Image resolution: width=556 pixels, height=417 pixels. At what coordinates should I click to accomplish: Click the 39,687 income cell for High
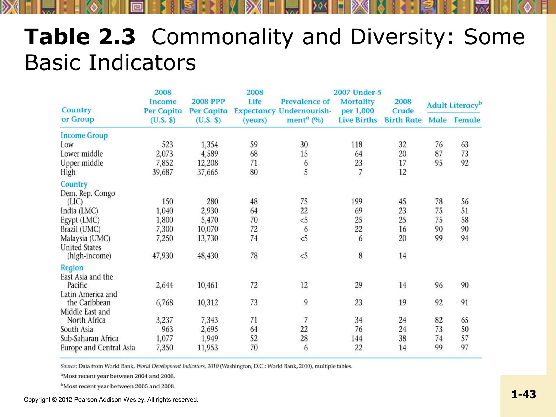pos(162,172)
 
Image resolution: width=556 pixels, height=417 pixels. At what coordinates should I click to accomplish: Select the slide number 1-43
pos(523,394)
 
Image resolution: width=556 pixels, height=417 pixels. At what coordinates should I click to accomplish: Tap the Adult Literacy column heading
pos(454,105)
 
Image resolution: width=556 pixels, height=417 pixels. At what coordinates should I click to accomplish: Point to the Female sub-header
pos(467,120)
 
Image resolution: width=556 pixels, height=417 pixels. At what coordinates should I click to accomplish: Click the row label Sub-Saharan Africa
pos(89,339)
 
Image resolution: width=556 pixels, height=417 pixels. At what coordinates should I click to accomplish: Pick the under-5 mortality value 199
pos(356,201)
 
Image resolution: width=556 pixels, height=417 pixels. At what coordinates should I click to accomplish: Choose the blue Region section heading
pos(72,268)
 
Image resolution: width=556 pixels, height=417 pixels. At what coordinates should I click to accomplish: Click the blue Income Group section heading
pos(84,135)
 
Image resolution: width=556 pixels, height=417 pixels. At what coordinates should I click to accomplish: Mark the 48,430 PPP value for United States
pos(207,256)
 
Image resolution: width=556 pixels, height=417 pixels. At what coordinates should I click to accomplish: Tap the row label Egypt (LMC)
pos(80,220)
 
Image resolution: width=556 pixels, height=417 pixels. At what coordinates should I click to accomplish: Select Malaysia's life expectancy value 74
pos(254,238)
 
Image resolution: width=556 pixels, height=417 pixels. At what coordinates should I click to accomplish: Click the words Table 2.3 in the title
pos(80,37)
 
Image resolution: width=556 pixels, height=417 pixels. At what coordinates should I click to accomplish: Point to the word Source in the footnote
pos(68,366)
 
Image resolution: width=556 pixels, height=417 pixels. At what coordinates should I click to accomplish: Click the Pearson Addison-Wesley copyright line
pos(111,400)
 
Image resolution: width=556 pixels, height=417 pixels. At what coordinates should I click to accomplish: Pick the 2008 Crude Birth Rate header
pos(403,111)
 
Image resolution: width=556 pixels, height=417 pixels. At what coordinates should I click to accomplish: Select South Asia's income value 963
pos(167,329)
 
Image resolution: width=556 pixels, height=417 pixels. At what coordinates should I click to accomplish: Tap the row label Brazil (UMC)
pos(80,229)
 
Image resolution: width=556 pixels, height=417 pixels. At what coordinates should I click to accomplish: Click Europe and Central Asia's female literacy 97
pos(465,348)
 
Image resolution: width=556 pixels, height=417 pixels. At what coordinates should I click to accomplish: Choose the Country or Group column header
pos(78,115)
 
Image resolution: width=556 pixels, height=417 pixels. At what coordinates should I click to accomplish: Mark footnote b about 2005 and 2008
pos(118,386)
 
